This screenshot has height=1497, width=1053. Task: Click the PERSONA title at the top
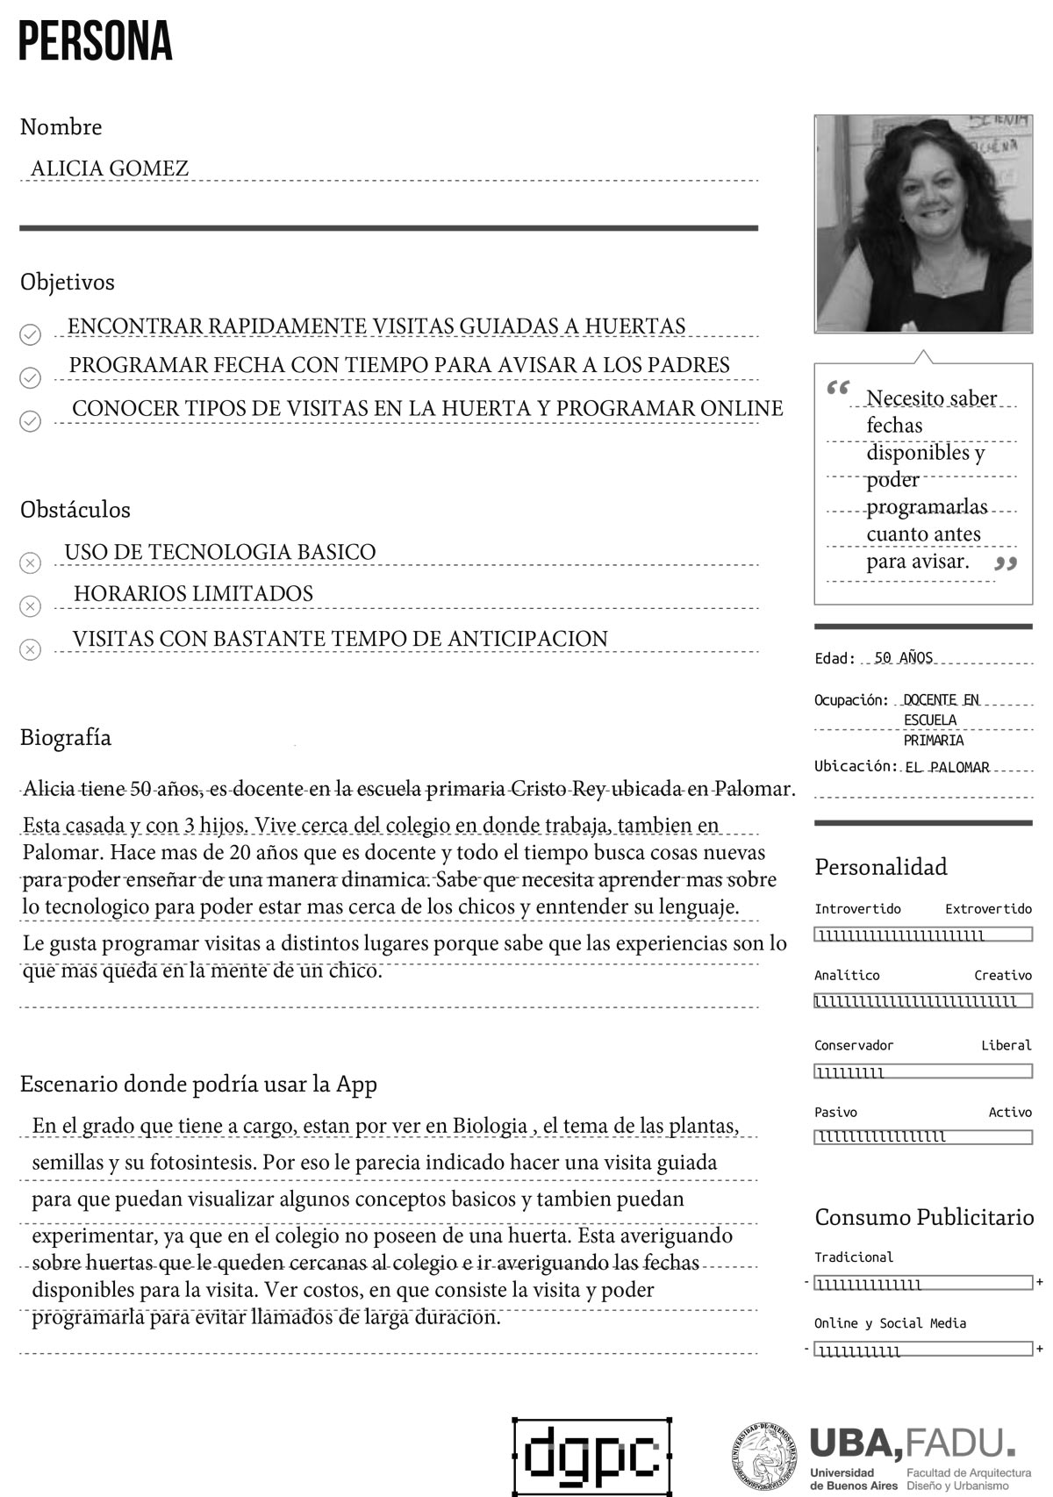[95, 42]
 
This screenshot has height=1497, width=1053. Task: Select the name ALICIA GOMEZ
[110, 168]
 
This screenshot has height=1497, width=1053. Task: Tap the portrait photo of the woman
[923, 224]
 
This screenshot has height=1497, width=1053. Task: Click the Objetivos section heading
[68, 282]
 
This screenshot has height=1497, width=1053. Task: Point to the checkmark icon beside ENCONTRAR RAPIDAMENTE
[30, 334]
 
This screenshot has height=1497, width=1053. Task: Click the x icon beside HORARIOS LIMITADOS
[30, 606]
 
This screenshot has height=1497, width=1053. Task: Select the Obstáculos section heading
[75, 509]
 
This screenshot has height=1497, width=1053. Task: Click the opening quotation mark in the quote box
[838, 387]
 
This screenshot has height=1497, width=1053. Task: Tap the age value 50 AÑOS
[904, 657]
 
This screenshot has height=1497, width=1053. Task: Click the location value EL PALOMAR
[947, 767]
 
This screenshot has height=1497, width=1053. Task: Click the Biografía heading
[66, 737]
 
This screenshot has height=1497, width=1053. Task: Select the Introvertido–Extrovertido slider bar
[923, 935]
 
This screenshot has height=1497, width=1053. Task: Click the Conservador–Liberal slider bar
[923, 1071]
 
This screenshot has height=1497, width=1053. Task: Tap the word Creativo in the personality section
[1003, 975]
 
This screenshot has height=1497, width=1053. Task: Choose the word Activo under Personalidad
[1010, 1112]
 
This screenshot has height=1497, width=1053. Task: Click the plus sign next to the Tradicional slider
[1040, 1282]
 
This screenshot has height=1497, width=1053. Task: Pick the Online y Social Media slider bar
[923, 1350]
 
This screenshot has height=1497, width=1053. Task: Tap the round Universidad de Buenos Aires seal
[765, 1456]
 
